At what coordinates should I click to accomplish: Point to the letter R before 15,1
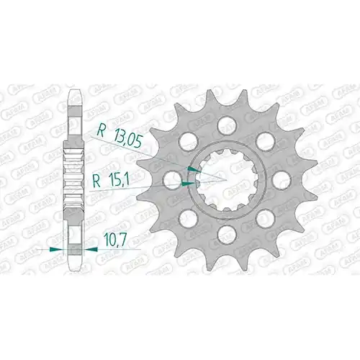96,181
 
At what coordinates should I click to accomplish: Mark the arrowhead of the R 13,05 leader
194,170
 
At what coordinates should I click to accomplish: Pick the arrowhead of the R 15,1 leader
189,184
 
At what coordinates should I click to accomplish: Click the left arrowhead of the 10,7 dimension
55,249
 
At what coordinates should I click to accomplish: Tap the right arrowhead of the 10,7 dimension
91,249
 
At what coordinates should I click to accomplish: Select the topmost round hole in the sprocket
227,124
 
